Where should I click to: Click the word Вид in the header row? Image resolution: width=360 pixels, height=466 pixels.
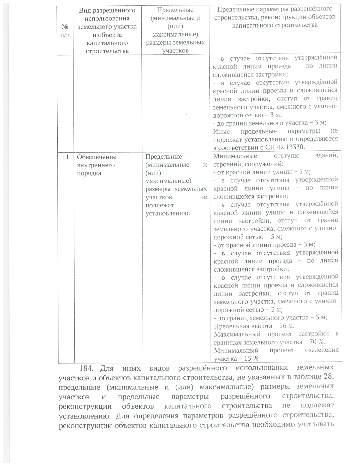(85, 11)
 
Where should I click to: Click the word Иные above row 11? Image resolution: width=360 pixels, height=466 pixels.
(221, 131)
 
